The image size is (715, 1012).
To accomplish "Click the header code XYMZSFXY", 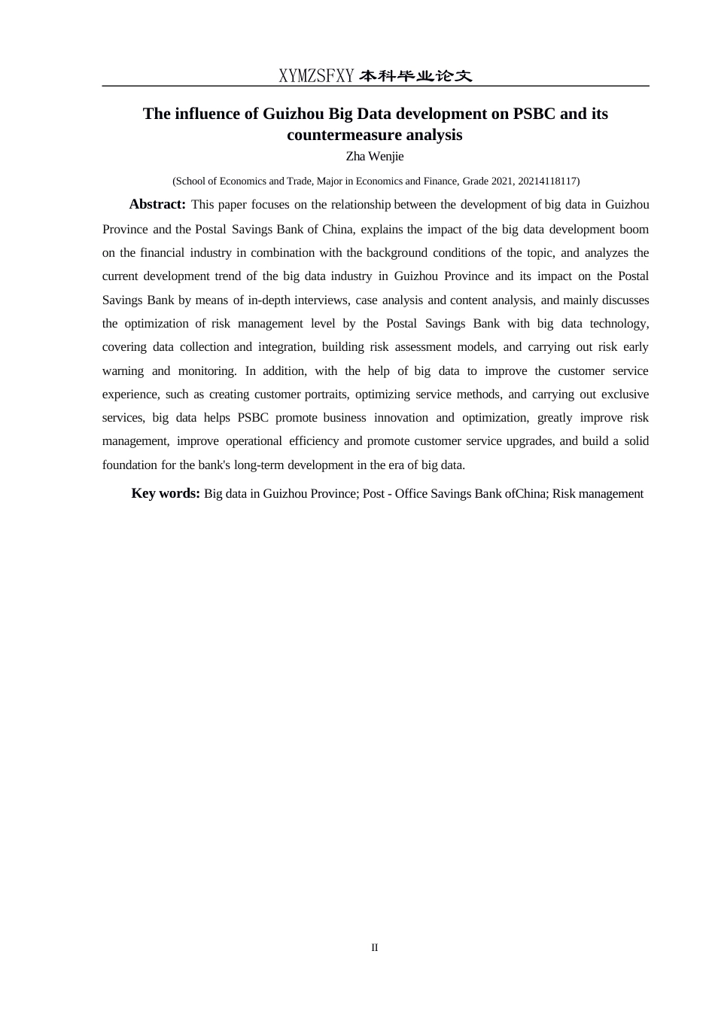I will click(x=316, y=76).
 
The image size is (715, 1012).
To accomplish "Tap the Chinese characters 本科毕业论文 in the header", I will click(x=415, y=76).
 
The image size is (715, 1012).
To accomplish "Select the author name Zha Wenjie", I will click(x=375, y=157).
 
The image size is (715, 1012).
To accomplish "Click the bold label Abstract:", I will click(x=157, y=204).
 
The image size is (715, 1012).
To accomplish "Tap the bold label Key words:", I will click(x=166, y=493).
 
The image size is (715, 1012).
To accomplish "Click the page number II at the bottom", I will click(x=375, y=947).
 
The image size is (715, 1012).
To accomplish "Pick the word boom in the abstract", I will click(x=634, y=229).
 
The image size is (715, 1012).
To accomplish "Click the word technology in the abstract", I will click(x=617, y=323).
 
